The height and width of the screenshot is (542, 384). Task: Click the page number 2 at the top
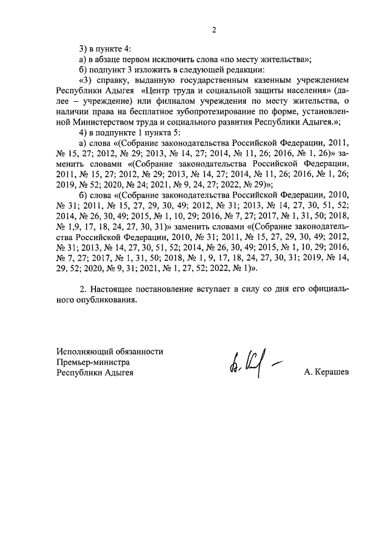(213, 29)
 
